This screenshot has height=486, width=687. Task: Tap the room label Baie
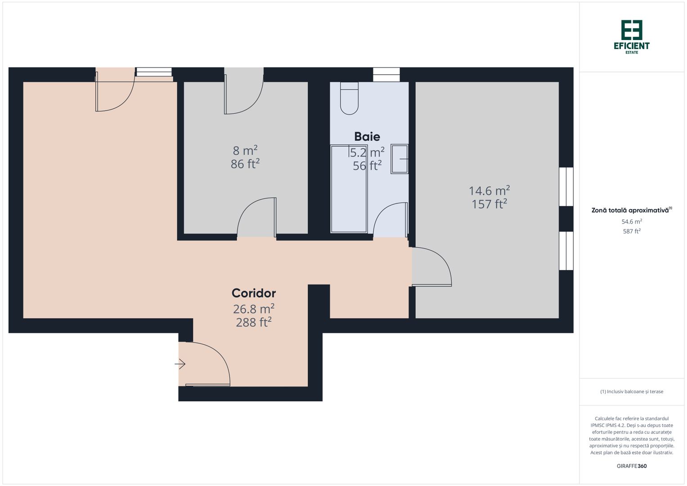pyautogui.click(x=367, y=136)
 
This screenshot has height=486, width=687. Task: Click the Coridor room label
pyautogui.click(x=254, y=293)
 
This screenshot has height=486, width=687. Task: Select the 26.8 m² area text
pyautogui.click(x=254, y=309)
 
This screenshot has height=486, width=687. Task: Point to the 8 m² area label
pyautogui.click(x=245, y=150)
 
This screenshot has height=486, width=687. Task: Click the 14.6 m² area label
pyautogui.click(x=489, y=190)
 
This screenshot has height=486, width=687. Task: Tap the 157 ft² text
pyautogui.click(x=489, y=204)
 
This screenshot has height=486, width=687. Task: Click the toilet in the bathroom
pyautogui.click(x=349, y=98)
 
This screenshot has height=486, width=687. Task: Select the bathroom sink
pyautogui.click(x=399, y=159)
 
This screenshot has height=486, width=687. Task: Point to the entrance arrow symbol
pyautogui.click(x=180, y=364)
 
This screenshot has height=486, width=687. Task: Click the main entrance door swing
pyautogui.click(x=207, y=364)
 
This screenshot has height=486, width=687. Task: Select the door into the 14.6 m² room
pyautogui.click(x=431, y=266)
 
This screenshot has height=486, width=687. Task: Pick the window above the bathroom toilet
pyautogui.click(x=386, y=74)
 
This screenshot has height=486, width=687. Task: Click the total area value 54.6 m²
pyautogui.click(x=632, y=221)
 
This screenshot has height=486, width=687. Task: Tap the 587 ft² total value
pyautogui.click(x=632, y=231)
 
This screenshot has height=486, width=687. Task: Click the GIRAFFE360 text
pyautogui.click(x=632, y=466)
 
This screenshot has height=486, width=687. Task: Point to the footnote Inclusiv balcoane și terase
pyautogui.click(x=632, y=391)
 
